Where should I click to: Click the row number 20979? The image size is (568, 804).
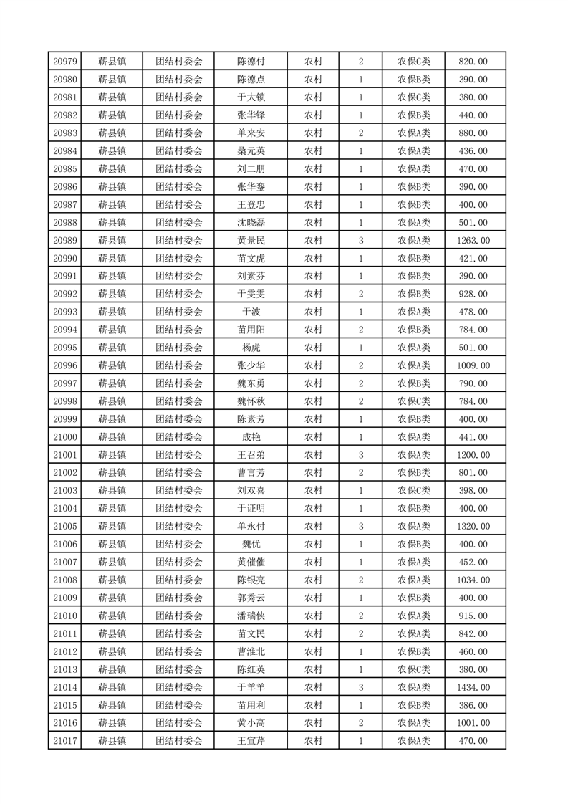(65, 62)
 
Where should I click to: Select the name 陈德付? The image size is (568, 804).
(251, 62)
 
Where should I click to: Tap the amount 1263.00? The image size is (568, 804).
(474, 241)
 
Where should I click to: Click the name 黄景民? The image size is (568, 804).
(251, 241)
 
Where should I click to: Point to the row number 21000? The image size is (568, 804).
(65, 437)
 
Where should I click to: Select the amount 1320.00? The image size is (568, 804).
(474, 527)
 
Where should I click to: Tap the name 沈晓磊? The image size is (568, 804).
(251, 223)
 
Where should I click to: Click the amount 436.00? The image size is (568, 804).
(474, 151)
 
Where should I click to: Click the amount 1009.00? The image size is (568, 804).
(474, 365)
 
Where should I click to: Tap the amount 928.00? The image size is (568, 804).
(474, 294)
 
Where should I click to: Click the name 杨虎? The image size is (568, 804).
(251, 348)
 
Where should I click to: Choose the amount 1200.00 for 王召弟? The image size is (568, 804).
(474, 455)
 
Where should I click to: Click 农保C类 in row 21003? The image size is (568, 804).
(414, 491)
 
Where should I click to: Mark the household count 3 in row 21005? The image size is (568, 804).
(360, 527)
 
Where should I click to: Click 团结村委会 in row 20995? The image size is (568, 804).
(179, 348)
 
